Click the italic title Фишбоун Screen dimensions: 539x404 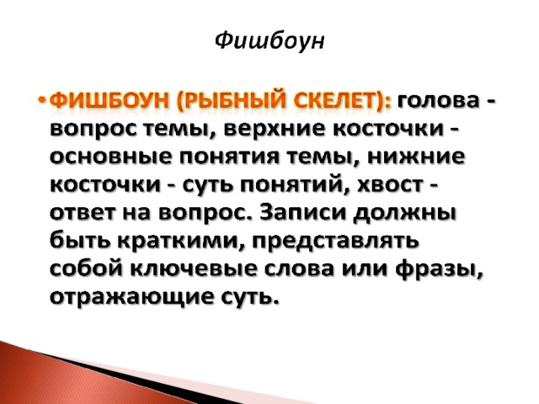(269, 42)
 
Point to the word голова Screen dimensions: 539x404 (438, 103)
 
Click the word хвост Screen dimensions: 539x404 (390, 186)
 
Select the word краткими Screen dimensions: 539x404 (178, 242)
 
